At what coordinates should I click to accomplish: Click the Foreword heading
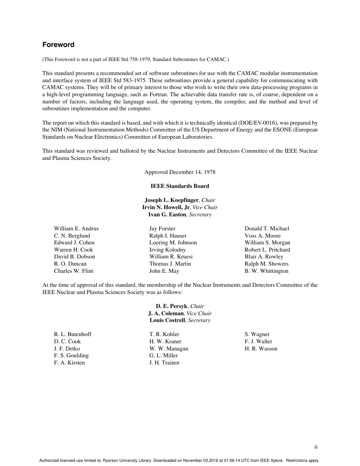click(x=58, y=45)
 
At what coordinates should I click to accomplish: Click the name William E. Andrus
click(x=76, y=228)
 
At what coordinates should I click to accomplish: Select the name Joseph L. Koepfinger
click(x=172, y=200)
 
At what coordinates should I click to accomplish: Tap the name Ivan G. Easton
click(x=167, y=214)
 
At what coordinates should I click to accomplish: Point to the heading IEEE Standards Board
click(x=180, y=186)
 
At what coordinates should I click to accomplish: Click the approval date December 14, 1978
click(x=192, y=172)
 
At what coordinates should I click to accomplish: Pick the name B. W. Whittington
click(x=266, y=271)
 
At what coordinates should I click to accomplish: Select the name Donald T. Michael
click(x=267, y=228)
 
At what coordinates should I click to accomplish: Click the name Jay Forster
click(x=162, y=228)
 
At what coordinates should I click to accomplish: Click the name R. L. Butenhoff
click(x=73, y=334)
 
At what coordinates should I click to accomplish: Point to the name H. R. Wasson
click(x=261, y=349)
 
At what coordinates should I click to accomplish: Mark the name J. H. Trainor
click(x=164, y=363)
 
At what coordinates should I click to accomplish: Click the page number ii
click(x=316, y=447)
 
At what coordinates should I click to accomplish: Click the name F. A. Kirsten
click(x=69, y=363)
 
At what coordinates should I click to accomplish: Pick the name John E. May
click(x=164, y=271)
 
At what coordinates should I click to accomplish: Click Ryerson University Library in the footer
click(x=128, y=461)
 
